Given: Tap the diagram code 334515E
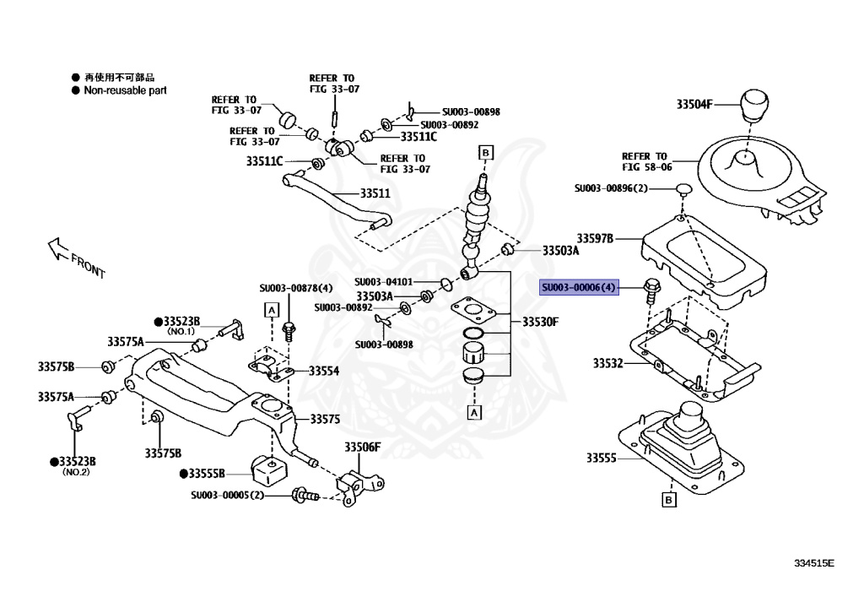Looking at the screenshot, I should click(813, 562).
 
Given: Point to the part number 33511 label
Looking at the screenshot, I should click(375, 193).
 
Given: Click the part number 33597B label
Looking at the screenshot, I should click(596, 239).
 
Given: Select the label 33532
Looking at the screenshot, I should click(607, 363).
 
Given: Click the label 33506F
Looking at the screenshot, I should click(362, 447).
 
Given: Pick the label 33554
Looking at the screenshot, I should click(324, 371).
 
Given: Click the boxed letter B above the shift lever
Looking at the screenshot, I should click(485, 152).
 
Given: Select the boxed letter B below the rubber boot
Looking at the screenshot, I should click(668, 501).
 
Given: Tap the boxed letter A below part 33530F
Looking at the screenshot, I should click(474, 412).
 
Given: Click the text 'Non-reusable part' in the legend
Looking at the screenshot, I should click(125, 90).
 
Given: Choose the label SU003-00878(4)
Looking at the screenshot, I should click(295, 289).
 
